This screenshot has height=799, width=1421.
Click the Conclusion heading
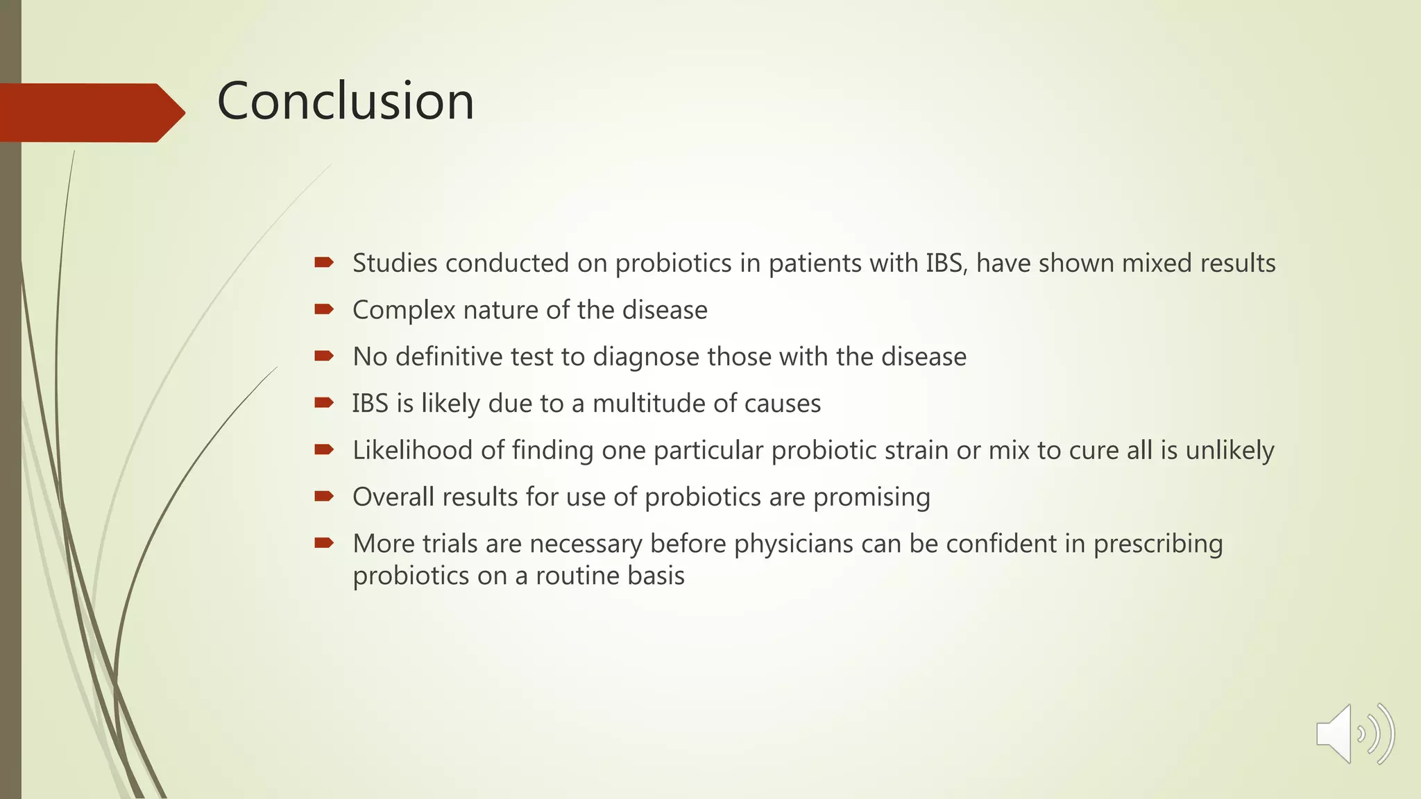[346, 101]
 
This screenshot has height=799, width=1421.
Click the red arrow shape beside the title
[90, 112]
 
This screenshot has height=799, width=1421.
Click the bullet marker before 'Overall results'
[324, 496]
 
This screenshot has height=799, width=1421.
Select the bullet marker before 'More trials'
[324, 542]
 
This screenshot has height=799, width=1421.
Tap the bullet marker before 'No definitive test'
[324, 356]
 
